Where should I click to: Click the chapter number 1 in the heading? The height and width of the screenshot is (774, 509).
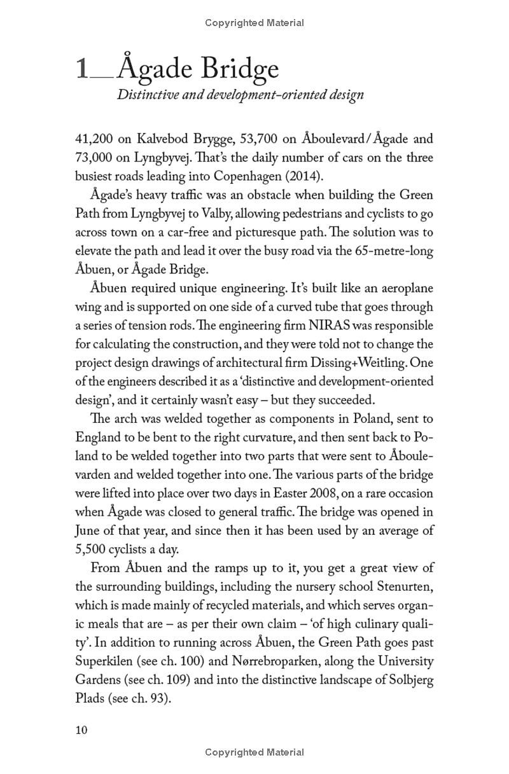82,69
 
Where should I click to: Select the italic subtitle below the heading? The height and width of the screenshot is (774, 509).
240,95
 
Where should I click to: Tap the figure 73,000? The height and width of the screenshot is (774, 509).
96,157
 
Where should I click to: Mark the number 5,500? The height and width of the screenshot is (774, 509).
92,548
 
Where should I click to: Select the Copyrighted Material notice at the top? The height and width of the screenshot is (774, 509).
254,23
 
